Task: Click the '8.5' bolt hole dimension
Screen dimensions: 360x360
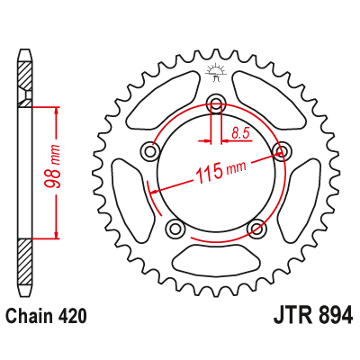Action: click(x=240, y=134)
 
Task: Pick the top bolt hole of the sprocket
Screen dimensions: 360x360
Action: click(x=216, y=103)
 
